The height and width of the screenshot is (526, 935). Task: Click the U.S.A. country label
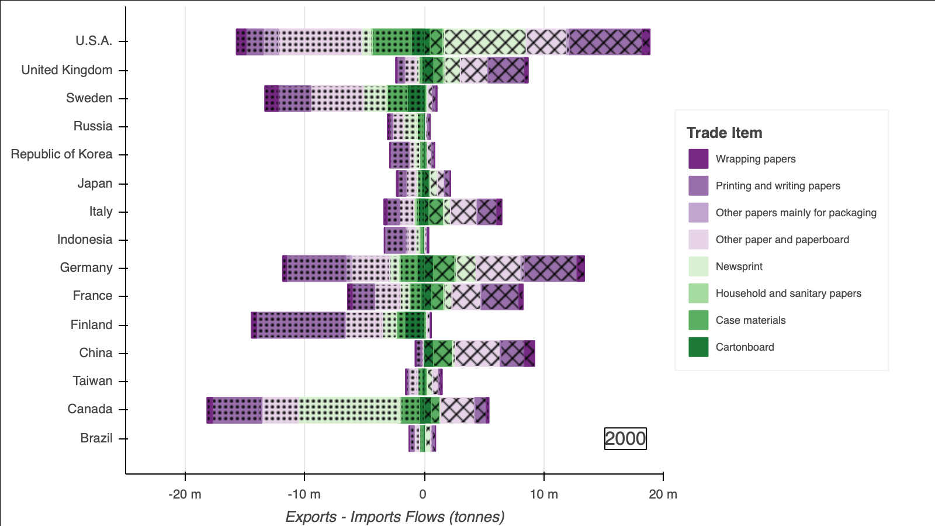(x=93, y=41)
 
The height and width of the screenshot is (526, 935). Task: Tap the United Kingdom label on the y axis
(x=67, y=70)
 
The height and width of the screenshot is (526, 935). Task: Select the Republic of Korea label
(x=61, y=154)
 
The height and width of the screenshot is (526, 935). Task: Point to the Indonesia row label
(x=84, y=240)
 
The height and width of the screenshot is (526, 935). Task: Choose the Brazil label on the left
(x=96, y=438)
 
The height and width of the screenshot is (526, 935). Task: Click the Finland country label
(x=91, y=325)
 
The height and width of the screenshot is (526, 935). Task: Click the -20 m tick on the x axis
(x=185, y=494)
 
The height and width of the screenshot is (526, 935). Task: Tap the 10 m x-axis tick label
(x=543, y=494)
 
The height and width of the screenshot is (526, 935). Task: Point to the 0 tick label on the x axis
(x=423, y=494)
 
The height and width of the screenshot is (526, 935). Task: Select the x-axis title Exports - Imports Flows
(x=394, y=517)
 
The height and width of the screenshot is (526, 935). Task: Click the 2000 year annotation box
(x=625, y=439)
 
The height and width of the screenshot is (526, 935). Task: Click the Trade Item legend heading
(x=724, y=133)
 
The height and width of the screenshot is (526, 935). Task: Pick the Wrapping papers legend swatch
(x=698, y=159)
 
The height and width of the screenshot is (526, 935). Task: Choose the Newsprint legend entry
(x=739, y=267)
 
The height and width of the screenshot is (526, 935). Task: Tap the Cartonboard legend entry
(x=744, y=347)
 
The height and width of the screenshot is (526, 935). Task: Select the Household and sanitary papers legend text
(x=788, y=293)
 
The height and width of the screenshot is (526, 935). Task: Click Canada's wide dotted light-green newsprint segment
(x=349, y=410)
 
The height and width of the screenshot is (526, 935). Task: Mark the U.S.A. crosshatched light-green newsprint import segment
(x=485, y=42)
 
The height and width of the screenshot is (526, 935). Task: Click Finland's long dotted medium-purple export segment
(x=301, y=326)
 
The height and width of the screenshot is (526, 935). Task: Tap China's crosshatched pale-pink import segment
(x=476, y=354)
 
